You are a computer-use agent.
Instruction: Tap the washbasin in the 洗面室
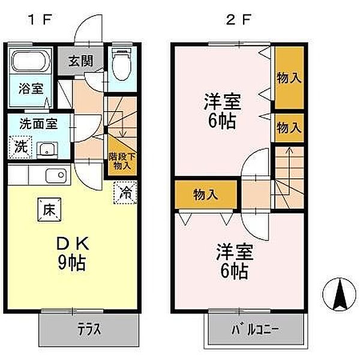pyautogui.click(x=46, y=149)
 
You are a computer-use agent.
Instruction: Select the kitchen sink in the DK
pyautogui.click(x=55, y=176)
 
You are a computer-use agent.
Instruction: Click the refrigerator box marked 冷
pyautogui.click(x=125, y=193)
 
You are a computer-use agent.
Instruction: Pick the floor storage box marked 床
pyautogui.click(x=49, y=209)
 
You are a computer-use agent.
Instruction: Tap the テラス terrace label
pyautogui.click(x=88, y=329)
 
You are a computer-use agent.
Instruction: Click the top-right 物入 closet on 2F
pyautogui.click(x=288, y=79)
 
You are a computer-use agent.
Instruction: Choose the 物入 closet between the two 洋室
pyautogui.click(x=205, y=194)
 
